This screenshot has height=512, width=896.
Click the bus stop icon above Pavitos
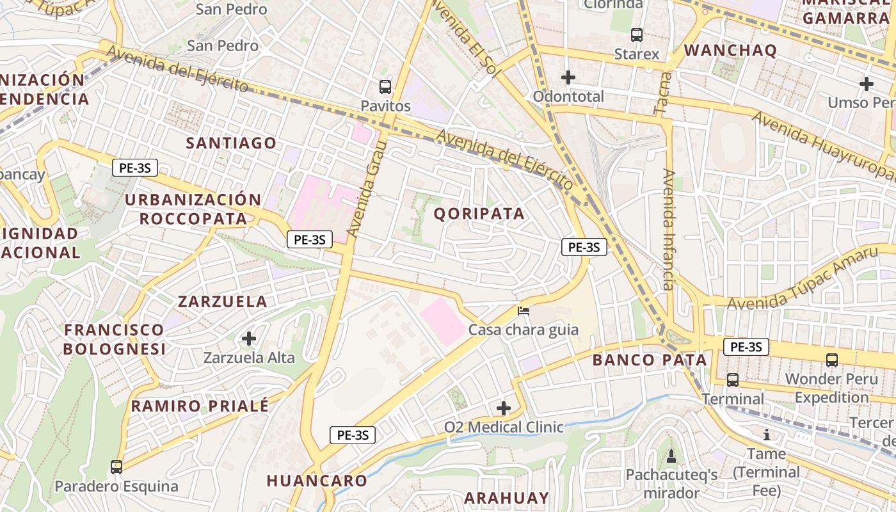pyautogui.click(x=385, y=86)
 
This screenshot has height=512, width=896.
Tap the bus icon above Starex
pyautogui.click(x=636, y=35)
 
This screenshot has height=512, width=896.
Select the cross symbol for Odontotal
pyautogui.click(x=568, y=77)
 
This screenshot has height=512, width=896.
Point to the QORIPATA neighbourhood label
pyautogui.click(x=479, y=214)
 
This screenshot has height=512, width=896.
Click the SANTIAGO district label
pyautogui.click(x=231, y=143)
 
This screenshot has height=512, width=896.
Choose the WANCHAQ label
pyautogui.click(x=730, y=51)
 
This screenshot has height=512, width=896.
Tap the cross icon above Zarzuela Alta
pyautogui.click(x=249, y=338)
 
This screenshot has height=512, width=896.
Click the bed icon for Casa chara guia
pyautogui.click(x=524, y=311)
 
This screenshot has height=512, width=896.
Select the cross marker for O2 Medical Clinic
pyautogui.click(x=504, y=408)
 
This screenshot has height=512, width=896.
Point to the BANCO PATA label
pyautogui.click(x=650, y=360)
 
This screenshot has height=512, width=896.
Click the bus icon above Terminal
pyautogui.click(x=733, y=380)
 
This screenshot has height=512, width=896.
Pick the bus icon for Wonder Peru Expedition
pyautogui.click(x=831, y=360)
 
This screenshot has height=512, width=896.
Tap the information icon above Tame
pyautogui.click(x=767, y=435)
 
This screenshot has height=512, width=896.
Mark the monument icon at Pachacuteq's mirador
pyautogui.click(x=671, y=456)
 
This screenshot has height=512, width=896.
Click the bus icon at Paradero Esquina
pyautogui.click(x=116, y=467)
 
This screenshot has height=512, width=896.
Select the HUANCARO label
pyautogui.click(x=317, y=481)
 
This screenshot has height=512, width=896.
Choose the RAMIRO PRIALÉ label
pyautogui.click(x=200, y=406)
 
